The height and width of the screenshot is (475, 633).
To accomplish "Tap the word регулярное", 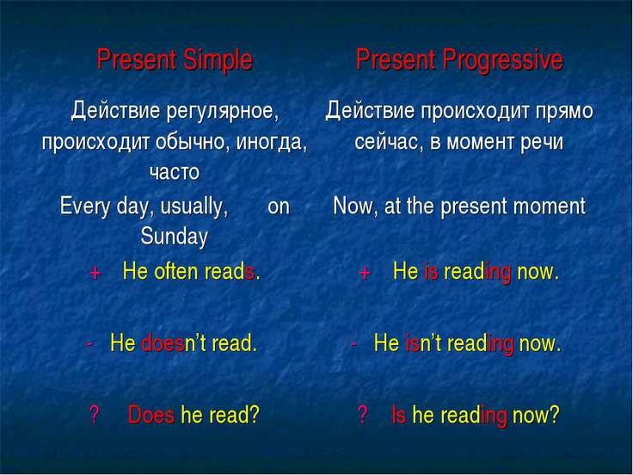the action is (x=222, y=111).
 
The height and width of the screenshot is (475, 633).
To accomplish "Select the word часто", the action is (x=175, y=172).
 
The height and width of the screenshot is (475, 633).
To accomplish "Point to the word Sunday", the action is (x=174, y=237).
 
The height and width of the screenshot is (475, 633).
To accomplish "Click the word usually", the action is (x=194, y=207).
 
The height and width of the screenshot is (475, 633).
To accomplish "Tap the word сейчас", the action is (x=389, y=142).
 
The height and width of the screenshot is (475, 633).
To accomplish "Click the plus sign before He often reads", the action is (x=95, y=274).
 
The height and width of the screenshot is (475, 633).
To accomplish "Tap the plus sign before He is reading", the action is (x=365, y=274).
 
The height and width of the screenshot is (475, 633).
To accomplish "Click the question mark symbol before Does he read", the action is (x=94, y=415).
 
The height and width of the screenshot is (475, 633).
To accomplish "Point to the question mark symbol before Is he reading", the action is (x=363, y=415).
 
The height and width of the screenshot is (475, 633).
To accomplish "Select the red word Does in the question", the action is (x=151, y=415).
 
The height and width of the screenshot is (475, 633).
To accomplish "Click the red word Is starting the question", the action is (x=398, y=415).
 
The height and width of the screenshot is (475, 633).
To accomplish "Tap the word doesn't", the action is (x=174, y=343).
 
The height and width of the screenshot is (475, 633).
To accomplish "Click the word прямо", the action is (x=564, y=112).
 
